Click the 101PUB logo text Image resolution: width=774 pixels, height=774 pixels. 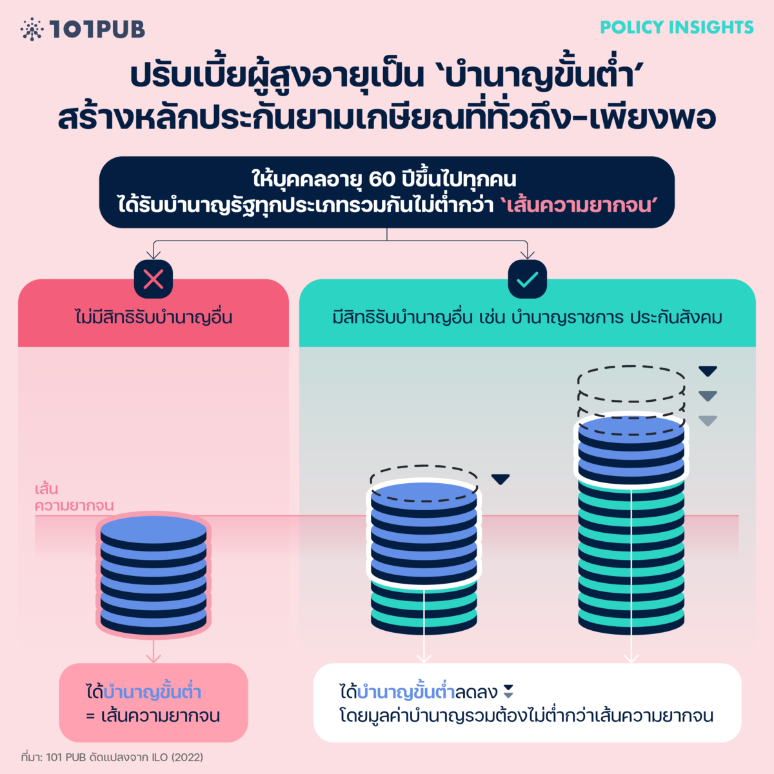click(97, 29)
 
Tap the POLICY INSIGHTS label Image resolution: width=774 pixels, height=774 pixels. click(677, 28)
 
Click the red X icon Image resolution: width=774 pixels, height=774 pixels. click(154, 279)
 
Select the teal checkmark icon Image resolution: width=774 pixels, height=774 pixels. click(528, 279)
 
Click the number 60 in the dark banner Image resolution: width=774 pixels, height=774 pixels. click(382, 179)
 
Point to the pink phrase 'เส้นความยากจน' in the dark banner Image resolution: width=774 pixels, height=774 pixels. click(578, 206)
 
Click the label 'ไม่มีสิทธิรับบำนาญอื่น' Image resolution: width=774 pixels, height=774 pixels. click(154, 317)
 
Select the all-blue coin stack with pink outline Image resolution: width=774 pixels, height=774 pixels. click(154, 574)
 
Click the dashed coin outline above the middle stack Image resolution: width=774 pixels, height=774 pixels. click(424, 475)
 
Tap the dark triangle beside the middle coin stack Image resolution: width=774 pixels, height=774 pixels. click(501, 479)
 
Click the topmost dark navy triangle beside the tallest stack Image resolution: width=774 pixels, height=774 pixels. click(708, 371)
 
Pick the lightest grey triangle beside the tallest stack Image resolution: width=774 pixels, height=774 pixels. click(708, 421)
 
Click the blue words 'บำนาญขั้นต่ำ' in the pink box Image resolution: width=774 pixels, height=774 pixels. click(152, 693)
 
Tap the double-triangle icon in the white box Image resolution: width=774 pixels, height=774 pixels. click(508, 691)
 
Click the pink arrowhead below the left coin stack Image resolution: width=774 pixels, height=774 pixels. click(154, 658)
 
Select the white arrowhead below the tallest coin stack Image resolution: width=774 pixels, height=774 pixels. click(631, 658)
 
